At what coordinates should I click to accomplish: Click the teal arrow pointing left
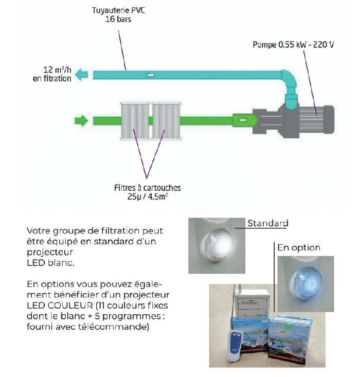point(81,76)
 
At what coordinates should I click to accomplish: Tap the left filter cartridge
point(134,121)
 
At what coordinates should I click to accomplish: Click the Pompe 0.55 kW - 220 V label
point(293,45)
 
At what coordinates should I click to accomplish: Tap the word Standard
point(267,223)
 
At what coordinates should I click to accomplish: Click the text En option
point(299,247)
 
